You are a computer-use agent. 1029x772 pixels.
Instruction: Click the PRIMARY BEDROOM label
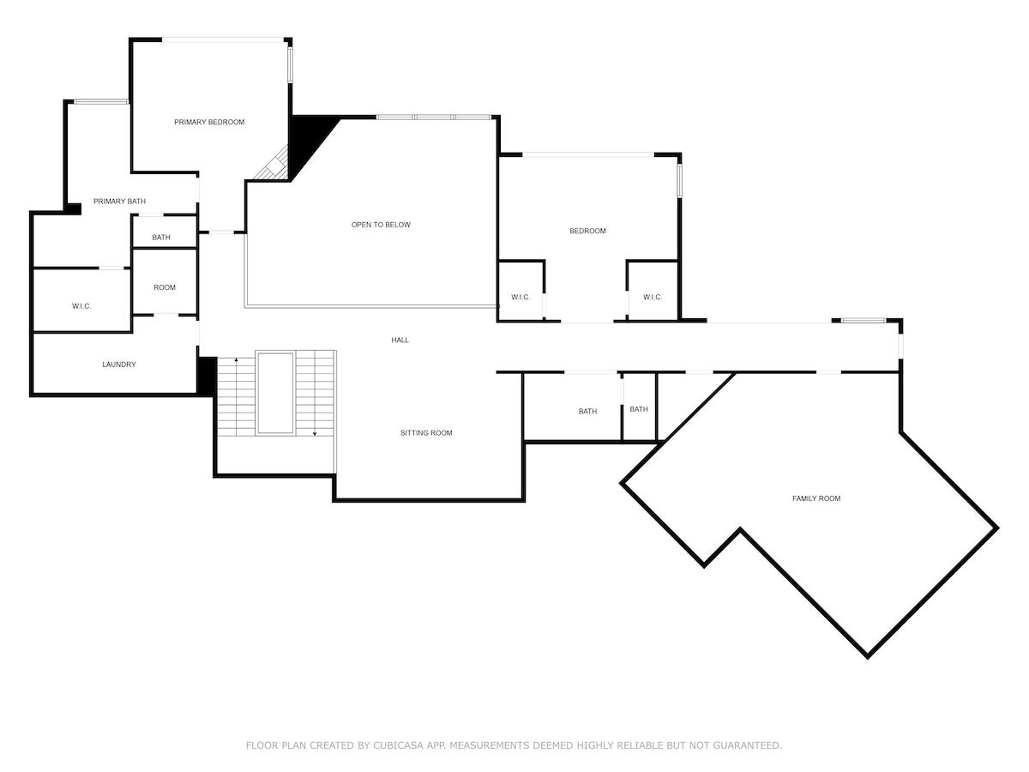click(x=209, y=123)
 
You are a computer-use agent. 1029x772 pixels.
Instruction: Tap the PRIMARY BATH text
click(x=119, y=202)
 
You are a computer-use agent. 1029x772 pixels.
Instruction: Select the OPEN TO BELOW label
click(x=381, y=225)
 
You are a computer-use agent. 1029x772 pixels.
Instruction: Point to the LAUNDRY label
click(x=119, y=365)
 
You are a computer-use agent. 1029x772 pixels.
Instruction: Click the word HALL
click(x=400, y=341)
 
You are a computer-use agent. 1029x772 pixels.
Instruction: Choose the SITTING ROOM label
click(x=426, y=433)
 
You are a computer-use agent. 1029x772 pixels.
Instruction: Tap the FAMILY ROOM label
click(x=816, y=498)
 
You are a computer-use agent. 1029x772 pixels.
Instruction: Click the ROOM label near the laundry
click(x=165, y=288)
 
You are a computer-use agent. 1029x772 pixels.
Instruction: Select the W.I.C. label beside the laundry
click(x=81, y=306)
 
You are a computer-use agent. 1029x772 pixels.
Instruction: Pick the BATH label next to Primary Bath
click(x=161, y=238)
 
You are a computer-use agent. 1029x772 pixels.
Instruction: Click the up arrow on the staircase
click(x=237, y=360)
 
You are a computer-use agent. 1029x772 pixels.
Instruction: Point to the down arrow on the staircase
click(x=315, y=433)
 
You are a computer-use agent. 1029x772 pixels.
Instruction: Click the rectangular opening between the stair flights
click(x=275, y=393)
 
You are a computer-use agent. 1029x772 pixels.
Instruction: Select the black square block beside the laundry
click(x=207, y=376)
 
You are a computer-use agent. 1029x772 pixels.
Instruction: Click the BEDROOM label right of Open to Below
click(x=587, y=231)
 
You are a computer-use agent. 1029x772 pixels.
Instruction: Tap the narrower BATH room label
click(x=639, y=410)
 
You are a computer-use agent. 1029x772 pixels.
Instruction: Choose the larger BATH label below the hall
click(x=587, y=412)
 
